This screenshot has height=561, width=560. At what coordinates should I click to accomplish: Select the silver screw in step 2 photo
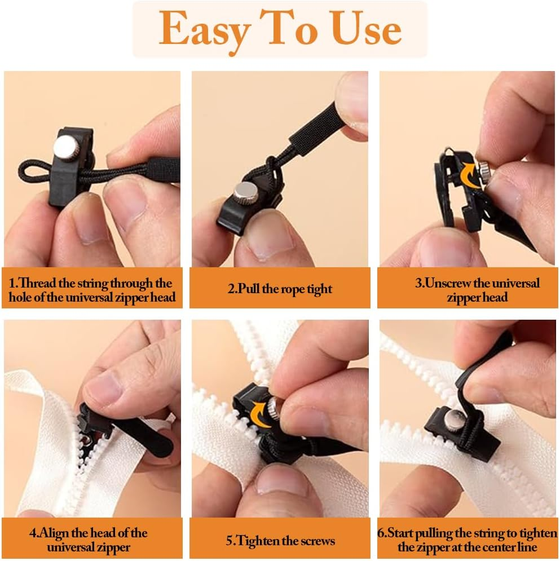[245, 193]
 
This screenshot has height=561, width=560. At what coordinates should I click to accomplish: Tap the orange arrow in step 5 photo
[261, 413]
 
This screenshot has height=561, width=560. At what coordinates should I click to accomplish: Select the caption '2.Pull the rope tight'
[280, 289]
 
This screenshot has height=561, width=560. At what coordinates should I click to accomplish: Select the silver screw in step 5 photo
[274, 405]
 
